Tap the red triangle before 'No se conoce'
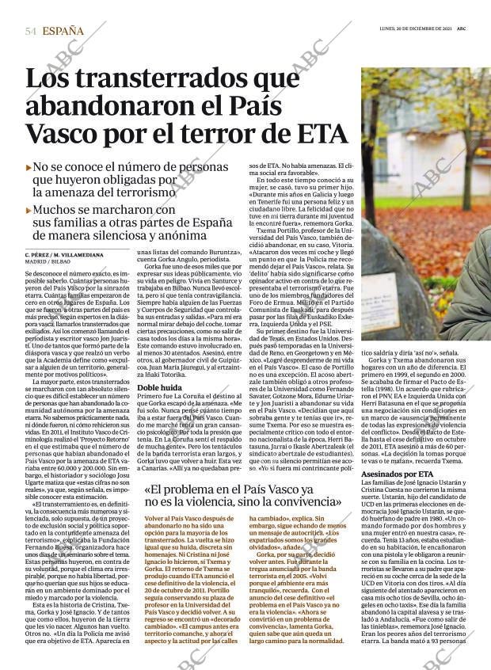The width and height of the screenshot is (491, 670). pyautogui.click(x=29, y=168)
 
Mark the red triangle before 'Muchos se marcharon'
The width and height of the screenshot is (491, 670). pyautogui.click(x=29, y=211)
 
